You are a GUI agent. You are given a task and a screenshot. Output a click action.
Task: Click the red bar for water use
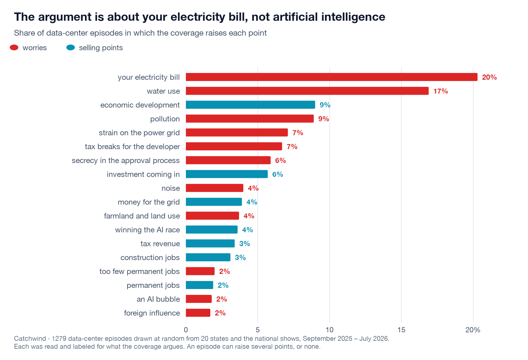point(307,91)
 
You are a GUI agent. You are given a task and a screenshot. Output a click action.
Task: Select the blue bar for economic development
point(250,105)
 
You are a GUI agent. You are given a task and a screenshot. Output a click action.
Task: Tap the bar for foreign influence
point(198,313)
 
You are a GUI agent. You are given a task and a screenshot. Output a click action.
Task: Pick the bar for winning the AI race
point(212,230)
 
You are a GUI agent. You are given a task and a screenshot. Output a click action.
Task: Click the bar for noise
point(215,188)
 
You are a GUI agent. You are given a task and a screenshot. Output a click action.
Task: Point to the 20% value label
point(489,77)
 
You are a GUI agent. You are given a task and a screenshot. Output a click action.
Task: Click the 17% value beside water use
point(441,91)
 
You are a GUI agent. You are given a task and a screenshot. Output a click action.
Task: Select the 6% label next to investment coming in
point(278,174)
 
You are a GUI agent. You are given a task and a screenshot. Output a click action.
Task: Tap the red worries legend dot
point(14,47)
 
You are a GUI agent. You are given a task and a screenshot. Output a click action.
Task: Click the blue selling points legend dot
point(71,47)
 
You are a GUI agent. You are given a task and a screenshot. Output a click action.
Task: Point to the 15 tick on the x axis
point(401,330)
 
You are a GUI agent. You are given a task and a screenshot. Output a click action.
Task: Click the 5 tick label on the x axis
point(258,330)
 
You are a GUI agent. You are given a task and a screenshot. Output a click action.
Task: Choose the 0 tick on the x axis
point(186,330)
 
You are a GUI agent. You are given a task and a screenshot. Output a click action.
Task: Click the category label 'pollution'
point(165,119)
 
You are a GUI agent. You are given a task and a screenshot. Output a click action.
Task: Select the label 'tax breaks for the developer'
point(132,147)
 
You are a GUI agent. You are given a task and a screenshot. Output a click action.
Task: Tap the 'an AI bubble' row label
point(158,299)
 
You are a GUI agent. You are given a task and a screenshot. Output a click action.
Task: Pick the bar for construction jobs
point(208,257)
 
